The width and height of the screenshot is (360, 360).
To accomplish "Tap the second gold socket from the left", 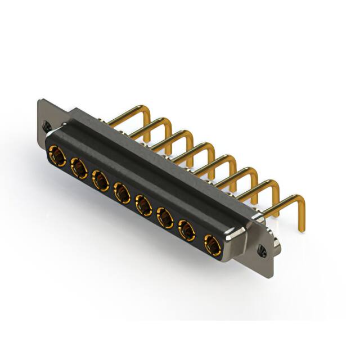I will coord(78,167).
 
